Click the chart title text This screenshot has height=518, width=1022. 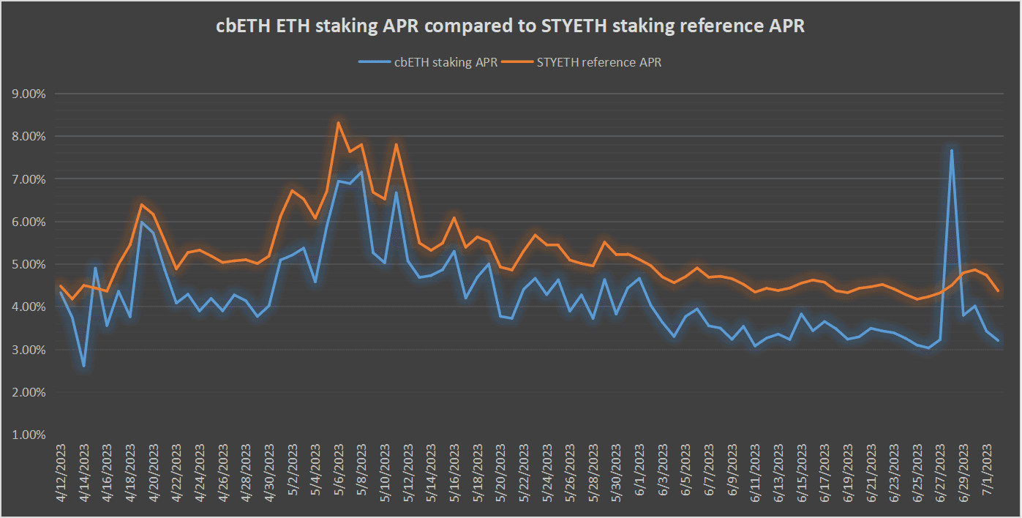(x=510, y=26)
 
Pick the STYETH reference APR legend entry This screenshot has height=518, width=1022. (x=598, y=62)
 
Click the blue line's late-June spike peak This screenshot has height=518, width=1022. (x=951, y=150)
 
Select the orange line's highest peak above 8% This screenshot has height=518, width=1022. (x=339, y=122)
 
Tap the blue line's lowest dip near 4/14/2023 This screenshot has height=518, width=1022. (x=84, y=366)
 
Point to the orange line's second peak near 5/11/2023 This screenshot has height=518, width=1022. (x=397, y=144)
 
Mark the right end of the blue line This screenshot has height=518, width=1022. (x=998, y=340)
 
